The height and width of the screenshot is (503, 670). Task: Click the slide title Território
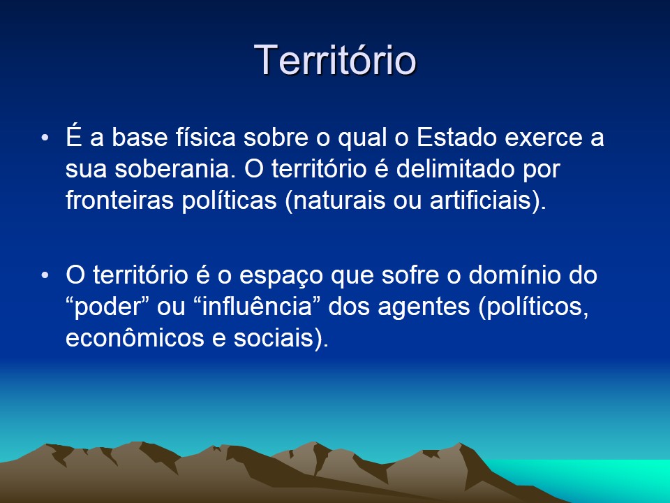[335, 59]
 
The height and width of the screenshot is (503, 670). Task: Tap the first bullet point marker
[45, 138]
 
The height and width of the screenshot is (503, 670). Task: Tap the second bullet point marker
[45, 275]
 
